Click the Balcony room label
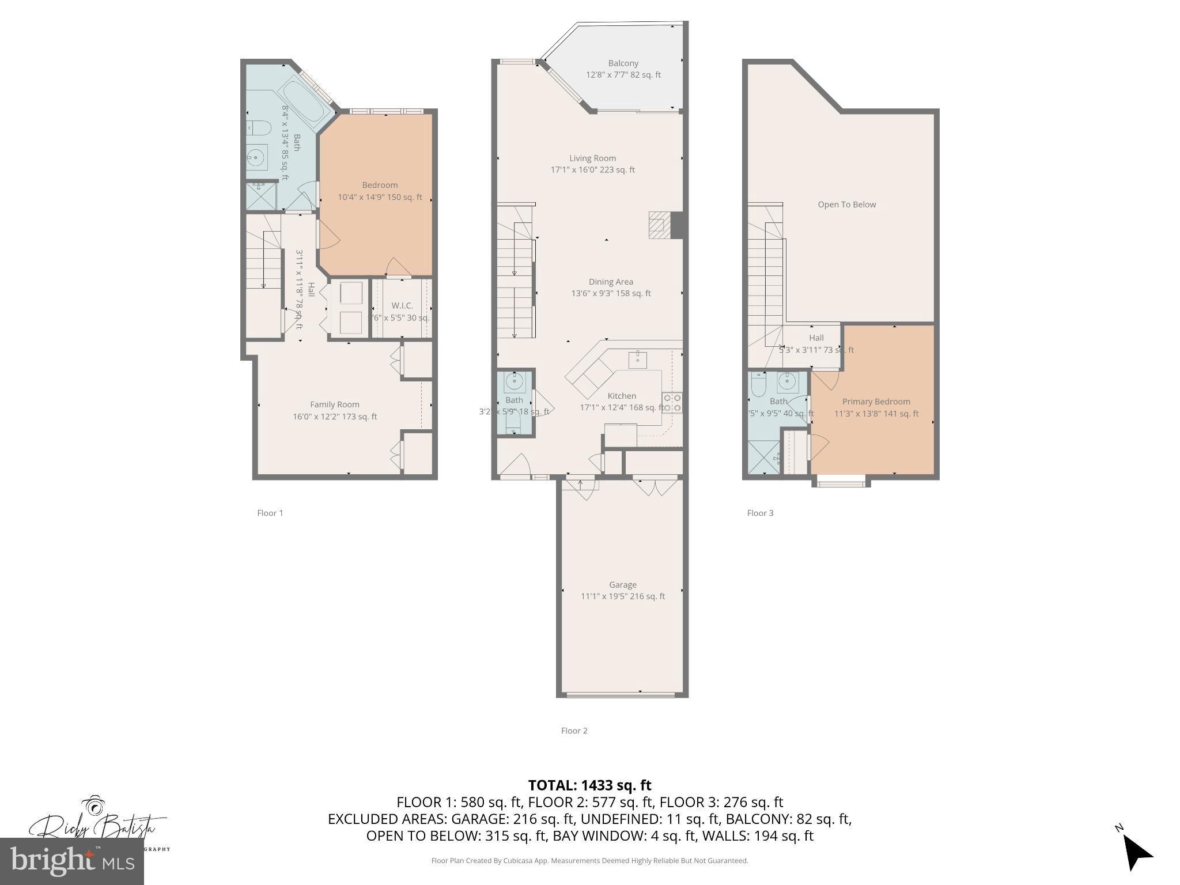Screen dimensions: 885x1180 (623, 63)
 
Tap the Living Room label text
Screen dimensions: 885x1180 (592, 158)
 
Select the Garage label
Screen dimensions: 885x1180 (622, 585)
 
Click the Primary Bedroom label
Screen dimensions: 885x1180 (876, 402)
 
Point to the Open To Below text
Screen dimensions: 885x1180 (846, 205)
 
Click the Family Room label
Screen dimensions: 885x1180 (334, 405)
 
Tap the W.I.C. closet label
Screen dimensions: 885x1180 (402, 306)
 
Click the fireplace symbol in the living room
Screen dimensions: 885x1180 (660, 225)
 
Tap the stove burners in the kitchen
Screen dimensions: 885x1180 (672, 403)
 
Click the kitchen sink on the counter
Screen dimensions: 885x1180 (637, 360)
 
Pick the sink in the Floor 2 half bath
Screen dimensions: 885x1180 (513, 381)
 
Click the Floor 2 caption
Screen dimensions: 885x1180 (574, 731)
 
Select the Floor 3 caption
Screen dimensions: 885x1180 (760, 513)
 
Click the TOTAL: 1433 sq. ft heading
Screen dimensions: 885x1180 (589, 785)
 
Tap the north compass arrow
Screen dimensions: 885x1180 (1136, 853)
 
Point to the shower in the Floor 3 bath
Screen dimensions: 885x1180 (763, 458)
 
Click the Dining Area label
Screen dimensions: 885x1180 (610, 282)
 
